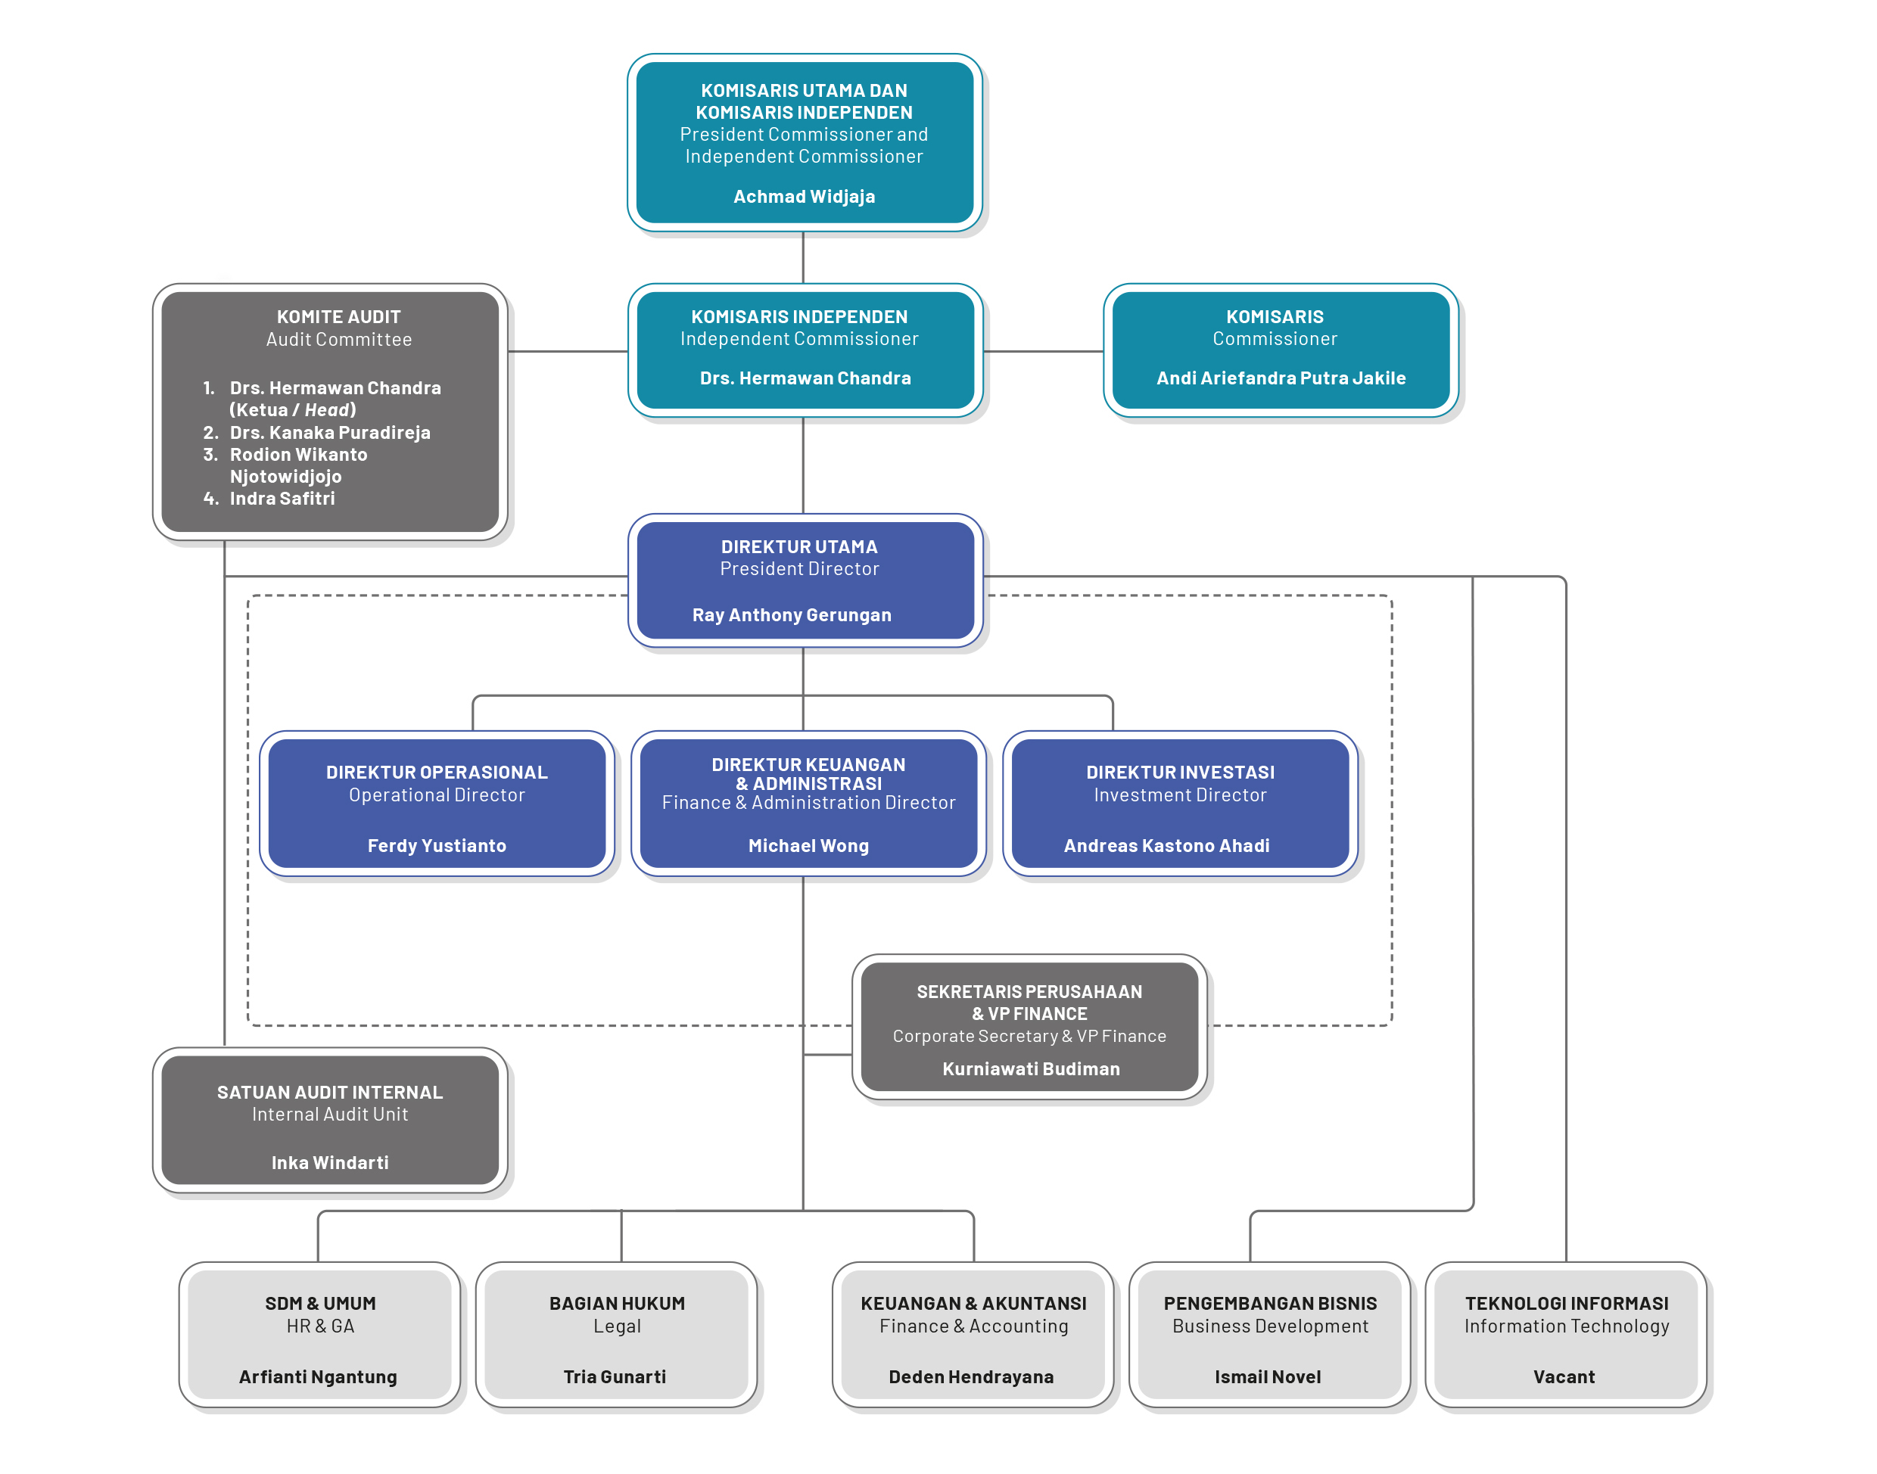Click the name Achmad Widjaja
pos(804,197)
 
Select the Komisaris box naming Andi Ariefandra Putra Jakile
pos(1280,350)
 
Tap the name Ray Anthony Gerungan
pos(792,615)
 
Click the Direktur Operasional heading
pos(437,773)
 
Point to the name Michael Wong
pos(808,846)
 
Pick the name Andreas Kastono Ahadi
pos(1166,846)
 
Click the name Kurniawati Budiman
pos(1030,1068)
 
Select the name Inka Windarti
pos(330,1162)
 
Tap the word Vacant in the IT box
pos(1564,1376)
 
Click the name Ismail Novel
pos(1267,1376)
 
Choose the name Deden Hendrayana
pos(971,1376)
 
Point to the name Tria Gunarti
pos(615,1376)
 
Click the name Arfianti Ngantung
pos(318,1376)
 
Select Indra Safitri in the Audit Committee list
pos(282,498)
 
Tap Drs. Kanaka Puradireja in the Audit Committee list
pos(330,432)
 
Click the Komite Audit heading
pos(338,317)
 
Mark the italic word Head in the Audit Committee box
pos(327,410)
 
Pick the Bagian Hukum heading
pos(617,1303)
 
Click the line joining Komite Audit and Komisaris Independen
pos(567,351)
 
